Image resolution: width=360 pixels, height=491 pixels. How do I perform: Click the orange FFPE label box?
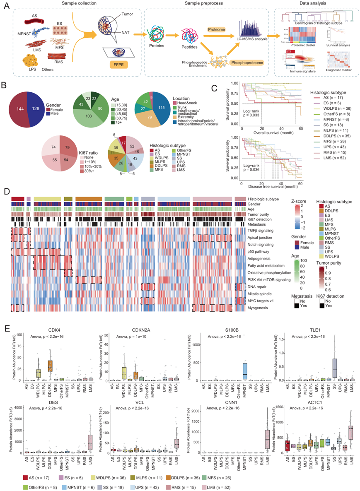[x=118, y=65]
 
